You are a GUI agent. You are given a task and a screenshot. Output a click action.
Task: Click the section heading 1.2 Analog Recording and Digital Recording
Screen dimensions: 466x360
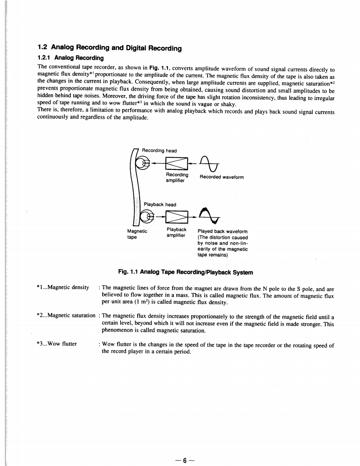(110, 48)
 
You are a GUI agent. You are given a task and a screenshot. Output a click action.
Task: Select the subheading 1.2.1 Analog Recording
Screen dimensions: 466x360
(71, 58)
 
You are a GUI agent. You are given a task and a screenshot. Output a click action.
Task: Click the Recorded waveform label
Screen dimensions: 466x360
(222, 177)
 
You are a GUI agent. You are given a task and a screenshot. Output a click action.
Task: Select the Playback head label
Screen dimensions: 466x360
(160, 204)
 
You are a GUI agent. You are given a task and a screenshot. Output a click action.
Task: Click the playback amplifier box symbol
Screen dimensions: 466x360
(177, 216)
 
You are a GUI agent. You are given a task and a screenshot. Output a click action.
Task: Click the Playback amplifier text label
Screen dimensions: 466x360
(176, 232)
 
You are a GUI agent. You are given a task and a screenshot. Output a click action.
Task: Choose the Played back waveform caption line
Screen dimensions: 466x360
(222, 232)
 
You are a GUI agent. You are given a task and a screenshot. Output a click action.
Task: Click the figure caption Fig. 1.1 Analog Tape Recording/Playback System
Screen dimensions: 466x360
(185, 272)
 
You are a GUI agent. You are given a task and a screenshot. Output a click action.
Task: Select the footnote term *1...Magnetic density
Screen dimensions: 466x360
(63, 287)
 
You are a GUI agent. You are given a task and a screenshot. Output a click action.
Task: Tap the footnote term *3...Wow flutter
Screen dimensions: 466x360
(57, 344)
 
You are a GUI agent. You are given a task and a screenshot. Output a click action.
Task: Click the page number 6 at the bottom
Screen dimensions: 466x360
(185, 448)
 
